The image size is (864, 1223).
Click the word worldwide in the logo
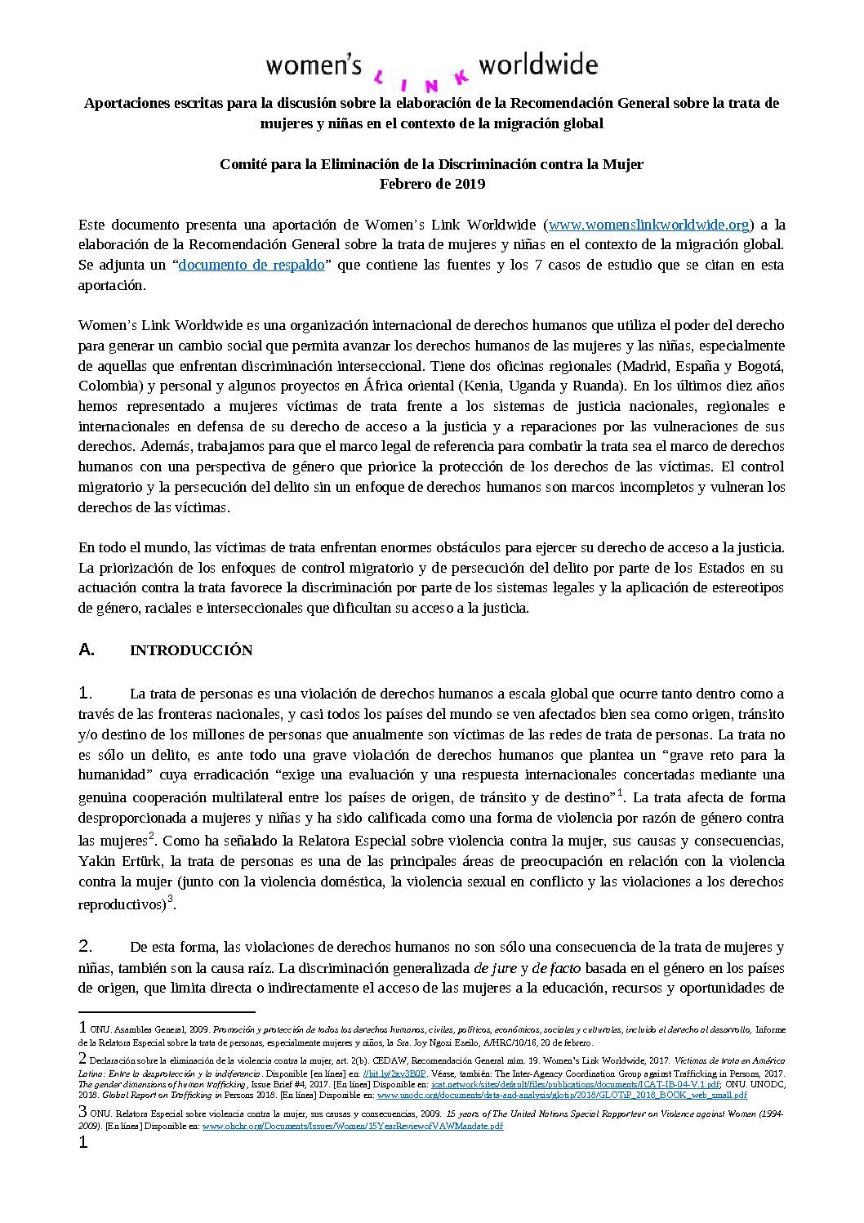[538, 65]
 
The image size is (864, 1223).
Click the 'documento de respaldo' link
[251, 265]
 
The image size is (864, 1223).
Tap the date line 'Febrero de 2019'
[432, 183]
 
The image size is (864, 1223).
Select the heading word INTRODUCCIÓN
[191, 650]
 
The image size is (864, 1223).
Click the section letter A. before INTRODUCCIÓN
[87, 649]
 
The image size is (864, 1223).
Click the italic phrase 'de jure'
[492, 967]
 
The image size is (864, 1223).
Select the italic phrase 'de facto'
[556, 967]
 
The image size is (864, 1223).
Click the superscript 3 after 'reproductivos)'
[170, 899]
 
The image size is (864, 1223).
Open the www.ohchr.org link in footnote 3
[353, 1126]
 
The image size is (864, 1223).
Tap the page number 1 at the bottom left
[82, 1142]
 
